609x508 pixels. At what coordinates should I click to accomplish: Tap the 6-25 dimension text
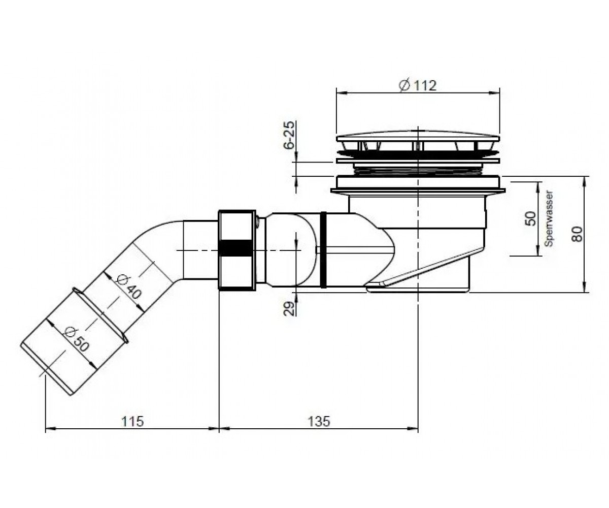tap(290, 135)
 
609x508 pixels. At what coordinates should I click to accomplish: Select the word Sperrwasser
tap(549, 218)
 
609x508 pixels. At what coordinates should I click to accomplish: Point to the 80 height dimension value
tap(577, 234)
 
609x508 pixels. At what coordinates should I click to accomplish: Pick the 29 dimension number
tap(289, 308)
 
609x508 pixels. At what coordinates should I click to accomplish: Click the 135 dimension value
tap(319, 421)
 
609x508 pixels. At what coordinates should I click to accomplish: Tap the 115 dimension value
tap(132, 421)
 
